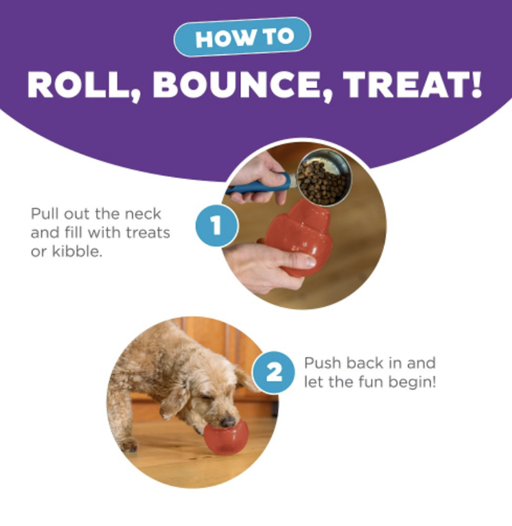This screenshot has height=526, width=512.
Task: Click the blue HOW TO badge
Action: pyautogui.click(x=242, y=37)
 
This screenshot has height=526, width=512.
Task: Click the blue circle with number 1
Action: pyautogui.click(x=217, y=225)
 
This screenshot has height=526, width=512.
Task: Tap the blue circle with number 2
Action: pyautogui.click(x=274, y=372)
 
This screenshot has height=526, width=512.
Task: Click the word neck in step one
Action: pyautogui.click(x=143, y=214)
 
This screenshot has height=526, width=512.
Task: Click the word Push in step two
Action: pyautogui.click(x=322, y=363)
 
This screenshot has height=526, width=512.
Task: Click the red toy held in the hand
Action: pyautogui.click(x=297, y=237)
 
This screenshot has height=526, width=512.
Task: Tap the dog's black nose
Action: pyautogui.click(x=228, y=421)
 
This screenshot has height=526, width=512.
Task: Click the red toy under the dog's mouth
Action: pyautogui.click(x=226, y=437)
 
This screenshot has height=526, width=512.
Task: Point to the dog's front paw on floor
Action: pyautogui.click(x=128, y=444)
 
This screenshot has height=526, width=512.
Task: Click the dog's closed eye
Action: pyautogui.click(x=206, y=397)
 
